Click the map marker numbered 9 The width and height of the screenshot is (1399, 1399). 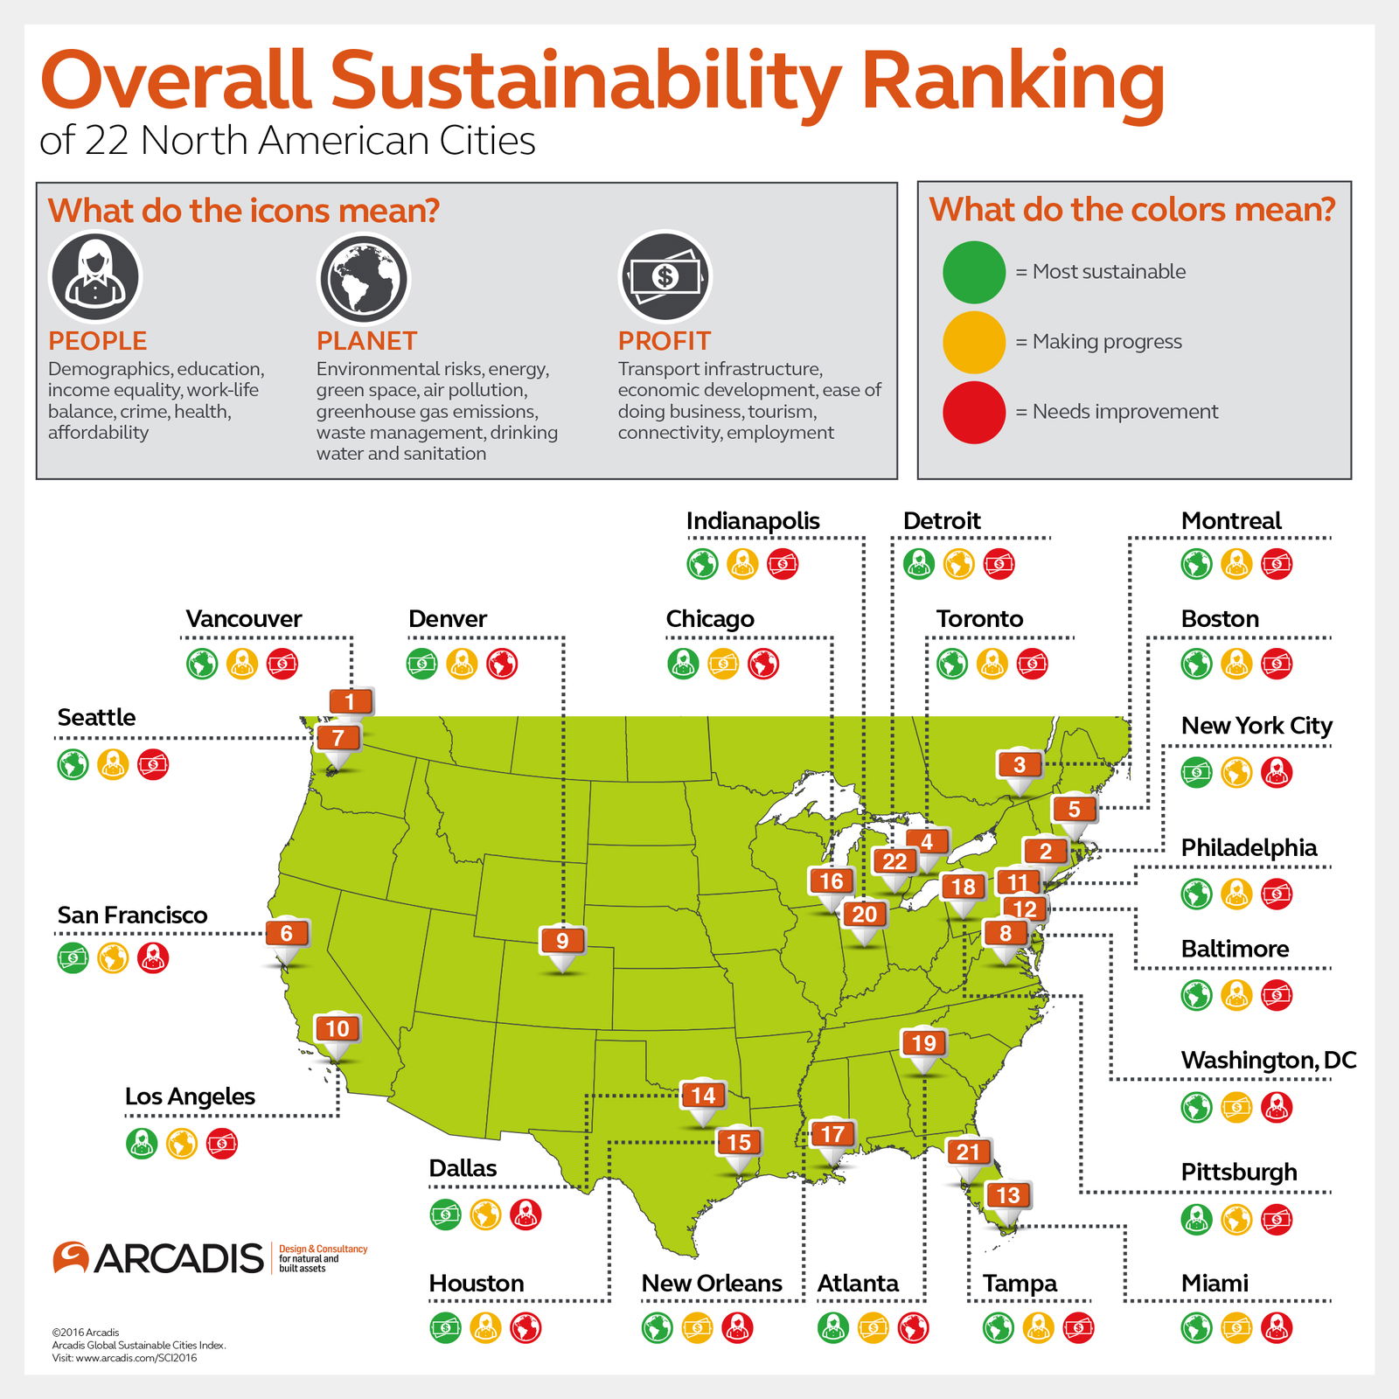[x=562, y=941]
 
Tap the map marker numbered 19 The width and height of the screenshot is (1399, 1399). [x=924, y=1043]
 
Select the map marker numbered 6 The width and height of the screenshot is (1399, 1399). [x=287, y=933]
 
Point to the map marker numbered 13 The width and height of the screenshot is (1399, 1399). [x=1008, y=1195]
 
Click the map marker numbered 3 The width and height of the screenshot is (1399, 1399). [x=1020, y=765]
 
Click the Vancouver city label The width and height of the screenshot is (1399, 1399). [x=243, y=618]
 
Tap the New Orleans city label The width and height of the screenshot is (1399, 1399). [x=712, y=1283]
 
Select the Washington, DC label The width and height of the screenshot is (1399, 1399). [x=1268, y=1060]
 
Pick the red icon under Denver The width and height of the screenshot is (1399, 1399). [x=502, y=664]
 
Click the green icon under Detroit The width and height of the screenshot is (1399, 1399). [x=919, y=564]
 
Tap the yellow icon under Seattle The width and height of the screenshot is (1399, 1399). [x=113, y=764]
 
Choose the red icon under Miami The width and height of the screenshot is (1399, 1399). [x=1277, y=1327]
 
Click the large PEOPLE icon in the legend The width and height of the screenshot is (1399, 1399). [x=95, y=277]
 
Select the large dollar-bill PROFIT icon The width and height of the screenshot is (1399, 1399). [x=665, y=277]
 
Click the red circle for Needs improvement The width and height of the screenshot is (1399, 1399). [x=974, y=412]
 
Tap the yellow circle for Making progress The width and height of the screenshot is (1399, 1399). [x=974, y=342]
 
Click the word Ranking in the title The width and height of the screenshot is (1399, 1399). [x=1013, y=80]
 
